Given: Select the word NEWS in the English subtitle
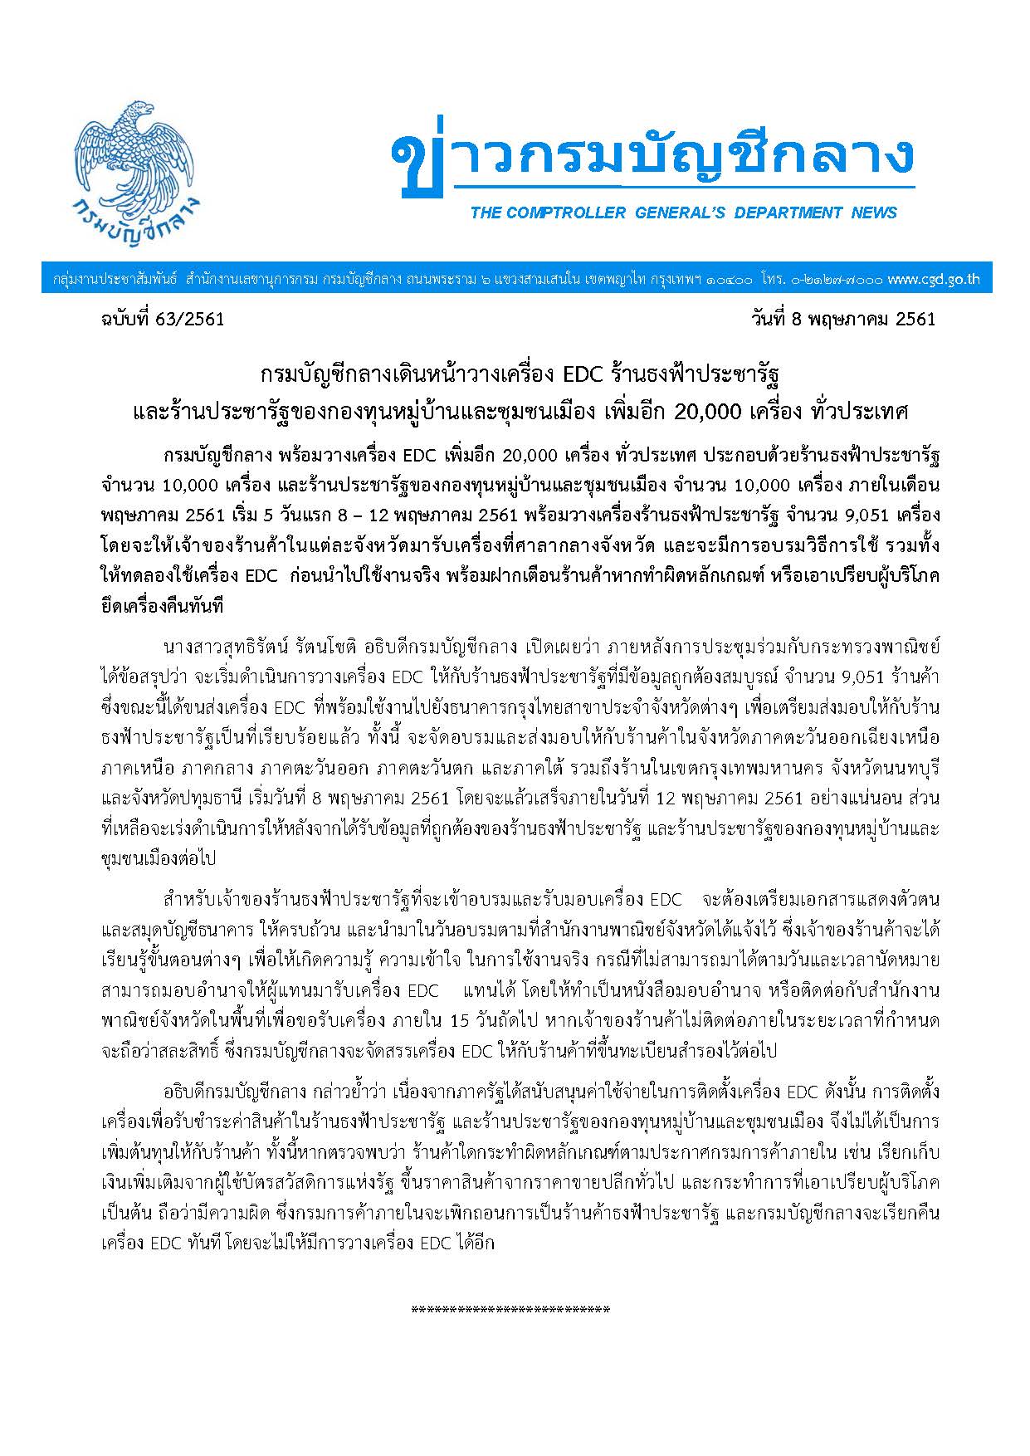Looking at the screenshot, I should click(874, 213).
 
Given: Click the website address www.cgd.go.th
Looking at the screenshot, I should click(933, 280).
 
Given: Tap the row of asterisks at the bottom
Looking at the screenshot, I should click(510, 1310).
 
